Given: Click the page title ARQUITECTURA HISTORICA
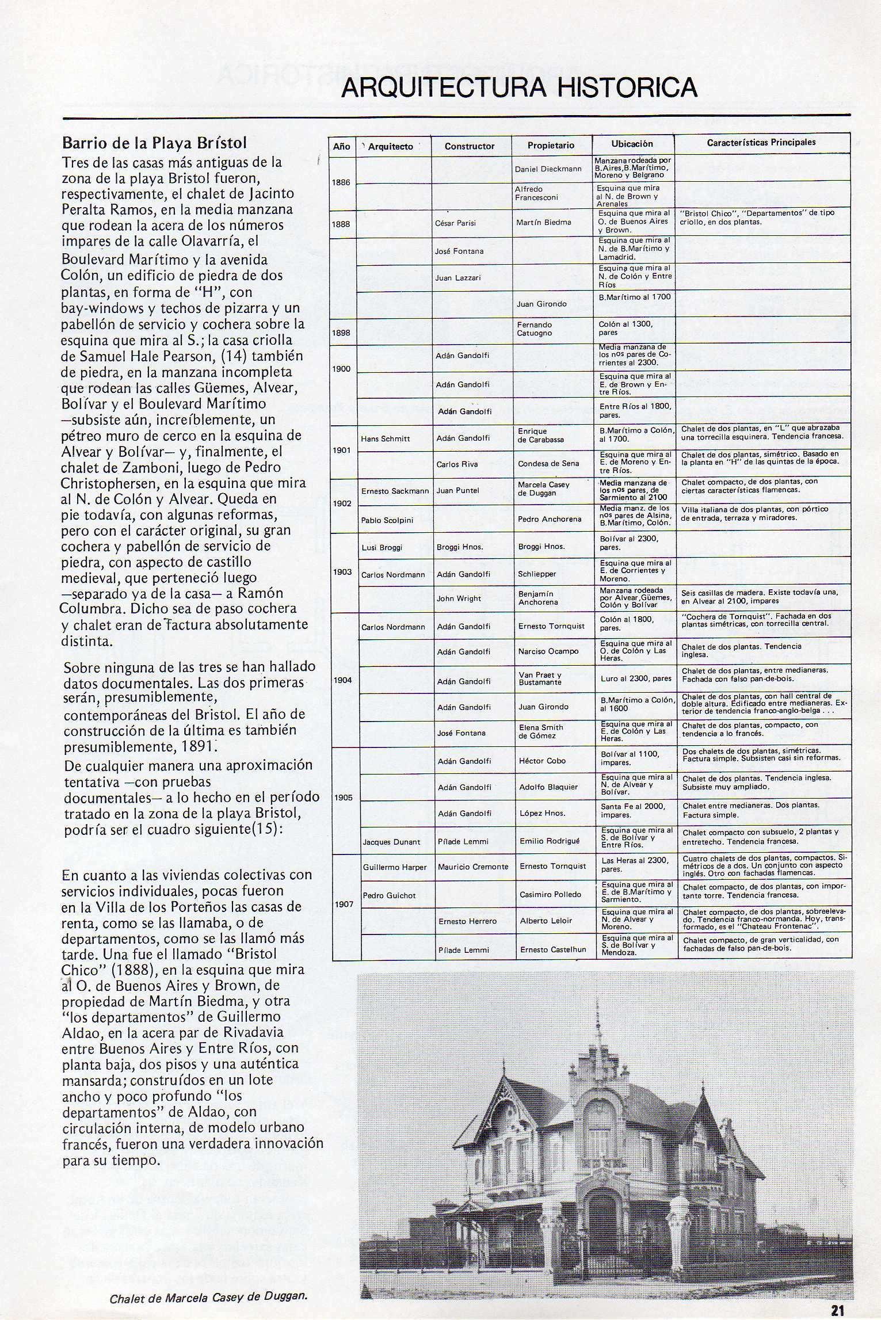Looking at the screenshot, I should (x=518, y=87).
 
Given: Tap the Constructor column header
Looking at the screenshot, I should (x=470, y=146).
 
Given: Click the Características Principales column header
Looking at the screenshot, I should (x=761, y=143).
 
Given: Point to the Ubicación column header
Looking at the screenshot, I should (x=632, y=144).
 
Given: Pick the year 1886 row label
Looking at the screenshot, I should (x=341, y=182).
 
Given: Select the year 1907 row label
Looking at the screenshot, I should (x=344, y=904).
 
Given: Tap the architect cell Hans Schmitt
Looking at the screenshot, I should (x=386, y=438).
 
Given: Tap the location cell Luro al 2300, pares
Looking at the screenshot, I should (x=636, y=678).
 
